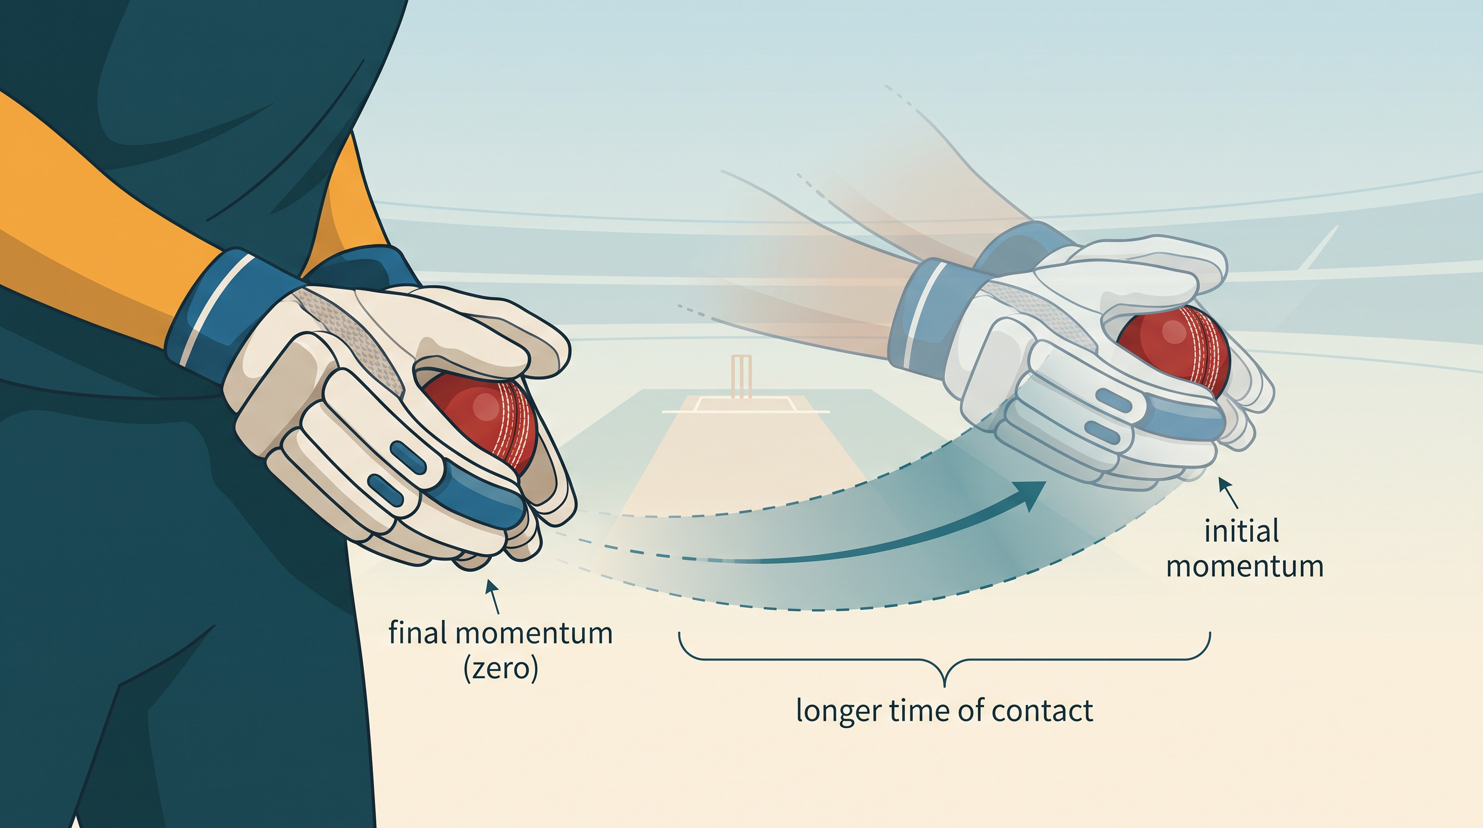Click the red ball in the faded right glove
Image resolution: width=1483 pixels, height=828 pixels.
1174,348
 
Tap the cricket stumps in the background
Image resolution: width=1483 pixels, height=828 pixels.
741,377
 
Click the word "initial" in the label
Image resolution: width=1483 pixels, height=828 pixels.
1242,530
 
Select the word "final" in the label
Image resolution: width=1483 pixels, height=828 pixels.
418,633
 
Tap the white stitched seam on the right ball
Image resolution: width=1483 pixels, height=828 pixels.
1209,351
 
